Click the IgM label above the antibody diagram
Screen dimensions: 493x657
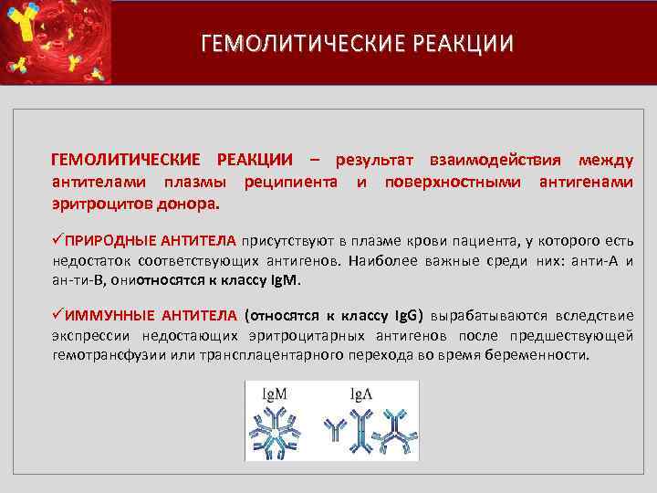tap(275, 394)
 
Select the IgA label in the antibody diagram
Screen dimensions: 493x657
tap(362, 394)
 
